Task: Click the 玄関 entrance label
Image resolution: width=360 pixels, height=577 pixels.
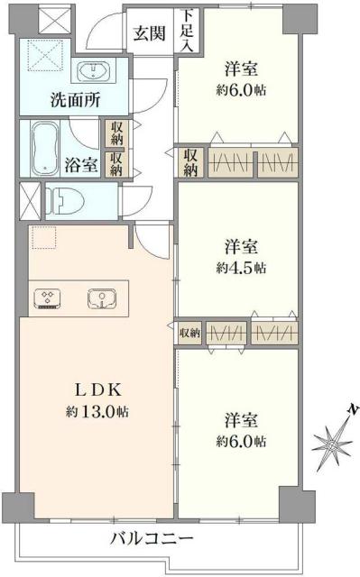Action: pyautogui.click(x=149, y=34)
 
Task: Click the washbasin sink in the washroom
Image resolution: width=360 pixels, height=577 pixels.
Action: pyautogui.click(x=95, y=72)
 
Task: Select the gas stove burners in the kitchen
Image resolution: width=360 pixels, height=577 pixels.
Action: pyautogui.click(x=49, y=299)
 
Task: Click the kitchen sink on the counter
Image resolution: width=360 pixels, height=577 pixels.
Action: pyautogui.click(x=102, y=299)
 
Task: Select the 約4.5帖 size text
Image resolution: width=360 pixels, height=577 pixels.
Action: pyautogui.click(x=241, y=268)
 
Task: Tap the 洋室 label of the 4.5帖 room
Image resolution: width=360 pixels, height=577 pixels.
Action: pyautogui.click(x=241, y=246)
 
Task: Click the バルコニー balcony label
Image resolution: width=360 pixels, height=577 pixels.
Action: pyautogui.click(x=152, y=539)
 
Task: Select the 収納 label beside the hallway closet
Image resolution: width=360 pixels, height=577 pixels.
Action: pyautogui.click(x=191, y=162)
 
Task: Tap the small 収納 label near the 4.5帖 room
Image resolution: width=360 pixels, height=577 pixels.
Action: pyautogui.click(x=189, y=334)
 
